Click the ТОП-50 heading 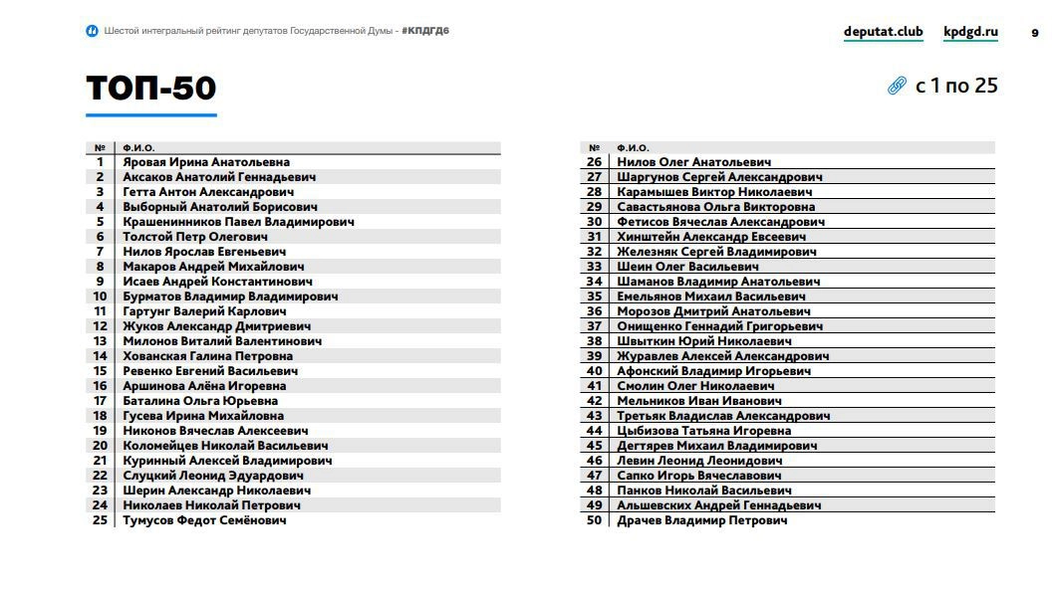click(151, 89)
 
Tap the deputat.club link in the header click(883, 32)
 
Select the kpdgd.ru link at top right click(970, 32)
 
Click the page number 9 click(1034, 33)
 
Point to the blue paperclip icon click(897, 87)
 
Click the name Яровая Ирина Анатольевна click(206, 162)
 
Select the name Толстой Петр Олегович click(195, 237)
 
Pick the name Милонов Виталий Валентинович click(222, 341)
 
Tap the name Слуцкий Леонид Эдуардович click(213, 476)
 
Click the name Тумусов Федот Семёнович click(204, 520)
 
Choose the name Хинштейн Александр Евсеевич click(711, 237)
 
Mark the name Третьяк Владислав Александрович click(723, 416)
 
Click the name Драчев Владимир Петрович click(701, 520)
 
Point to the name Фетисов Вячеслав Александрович click(720, 222)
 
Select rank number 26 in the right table click(594, 162)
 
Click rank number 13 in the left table click(100, 341)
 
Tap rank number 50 click(594, 520)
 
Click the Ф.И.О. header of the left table click(138, 148)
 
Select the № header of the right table click(594, 148)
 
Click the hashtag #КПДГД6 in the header click(425, 31)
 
